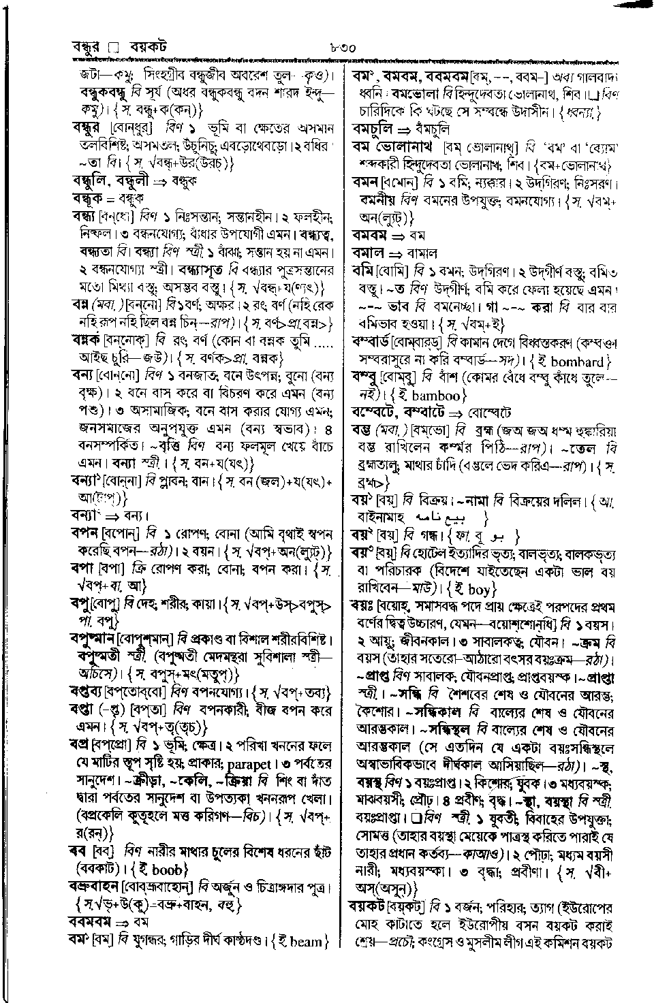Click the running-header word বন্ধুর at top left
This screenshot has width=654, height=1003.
click(89, 47)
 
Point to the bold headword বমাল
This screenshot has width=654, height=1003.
click(369, 252)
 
